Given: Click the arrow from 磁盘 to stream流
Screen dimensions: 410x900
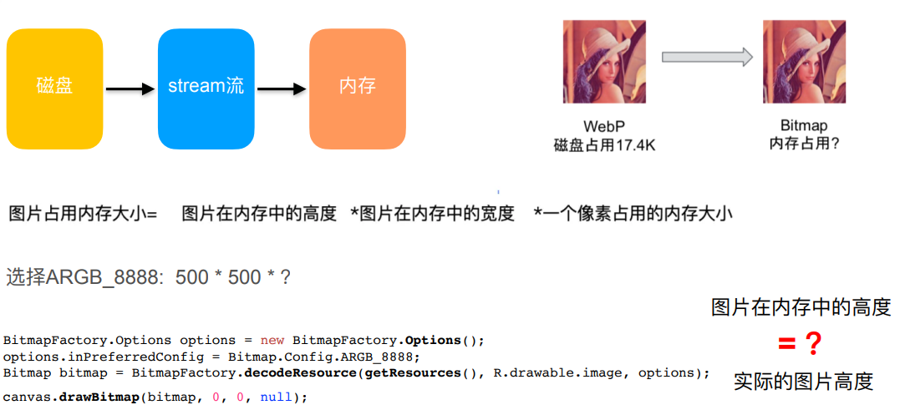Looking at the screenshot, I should [130, 89].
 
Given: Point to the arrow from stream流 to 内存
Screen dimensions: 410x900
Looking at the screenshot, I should [282, 89].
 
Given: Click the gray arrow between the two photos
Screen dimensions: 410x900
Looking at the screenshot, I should [706, 57].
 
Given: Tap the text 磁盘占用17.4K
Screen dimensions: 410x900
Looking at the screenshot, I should [604, 145].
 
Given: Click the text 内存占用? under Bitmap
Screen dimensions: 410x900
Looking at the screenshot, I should [803, 144].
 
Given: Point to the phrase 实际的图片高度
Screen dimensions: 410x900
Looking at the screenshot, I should [803, 382].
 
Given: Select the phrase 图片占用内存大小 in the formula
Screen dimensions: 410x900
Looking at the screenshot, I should [76, 214].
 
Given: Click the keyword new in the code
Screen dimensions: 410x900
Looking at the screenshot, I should [272, 341].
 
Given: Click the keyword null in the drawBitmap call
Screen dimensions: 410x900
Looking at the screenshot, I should [276, 397].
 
